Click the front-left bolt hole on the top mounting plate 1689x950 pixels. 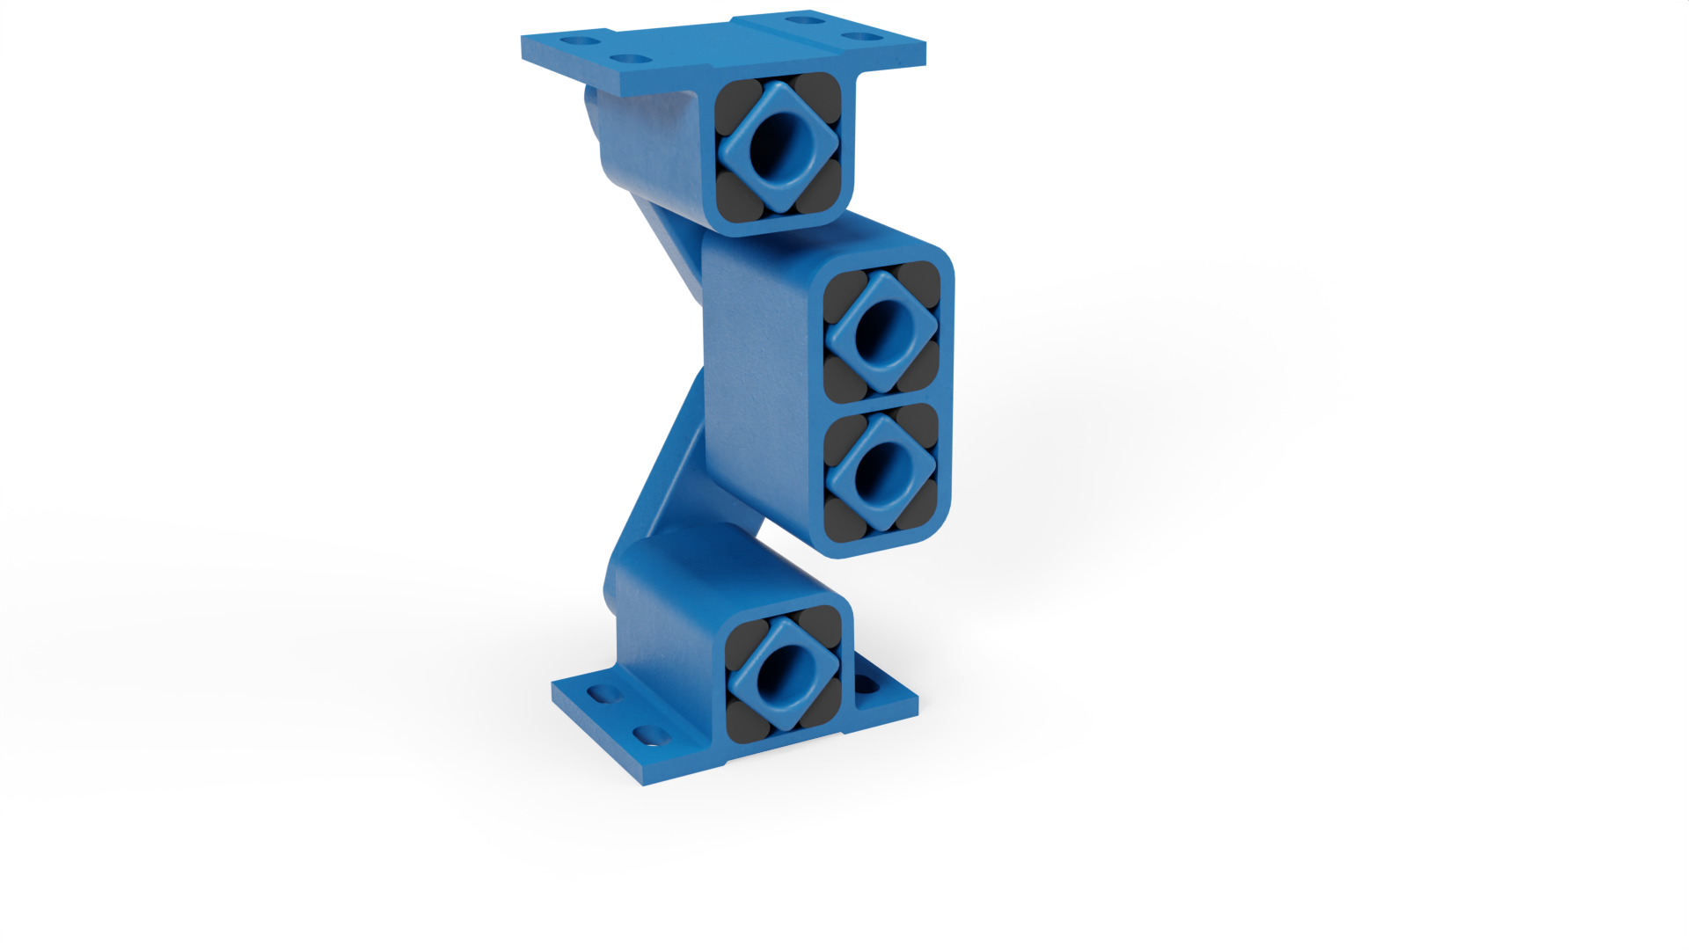(x=627, y=59)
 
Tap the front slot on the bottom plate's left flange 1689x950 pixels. (x=649, y=733)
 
